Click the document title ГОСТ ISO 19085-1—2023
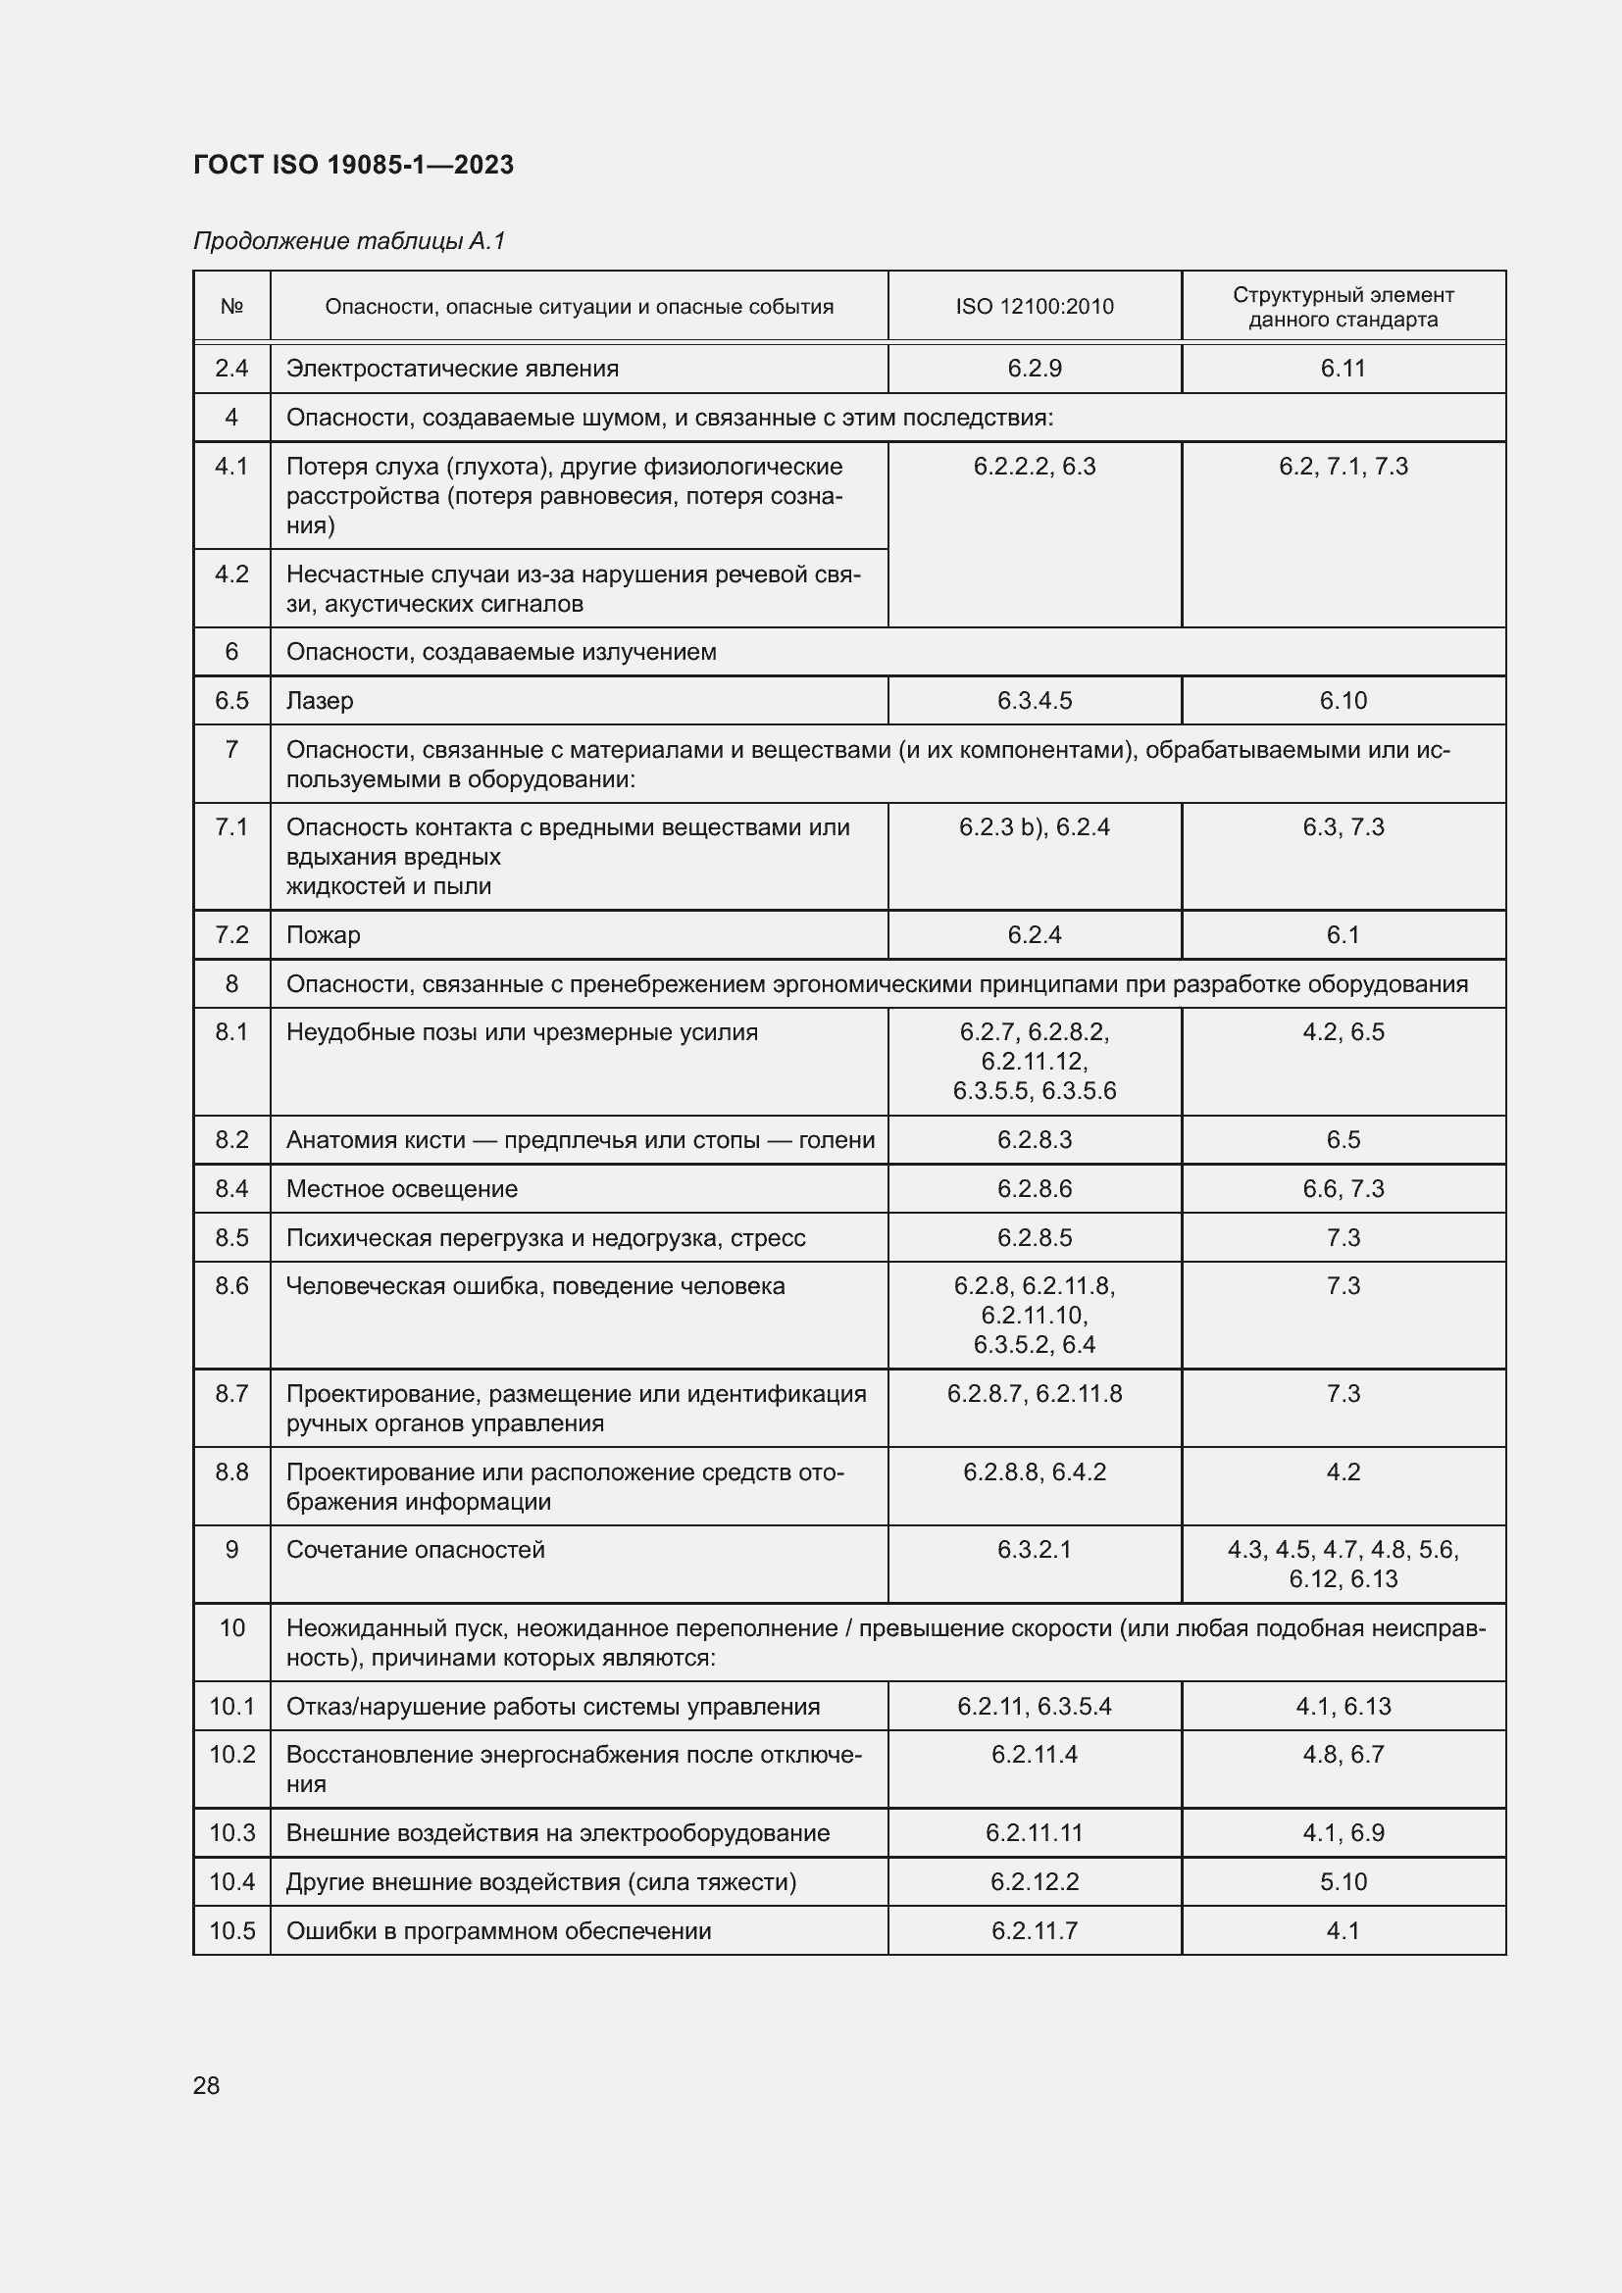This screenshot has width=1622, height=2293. pyautogui.click(x=353, y=165)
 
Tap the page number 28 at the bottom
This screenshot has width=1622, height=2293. pyautogui.click(x=206, y=2085)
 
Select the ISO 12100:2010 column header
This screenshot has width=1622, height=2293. pyautogui.click(x=1034, y=307)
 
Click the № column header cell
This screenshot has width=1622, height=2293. pyautogui.click(x=231, y=307)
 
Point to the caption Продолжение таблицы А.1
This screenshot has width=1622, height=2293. pyautogui.click(x=349, y=241)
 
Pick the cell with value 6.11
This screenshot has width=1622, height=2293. pyautogui.click(x=1343, y=369)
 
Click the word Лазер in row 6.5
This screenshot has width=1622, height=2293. pyautogui.click(x=320, y=701)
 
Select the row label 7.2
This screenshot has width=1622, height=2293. pyautogui.click(x=231, y=935)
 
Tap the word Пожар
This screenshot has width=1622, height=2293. pyautogui.click(x=323, y=936)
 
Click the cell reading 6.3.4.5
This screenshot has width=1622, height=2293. pyautogui.click(x=1034, y=701)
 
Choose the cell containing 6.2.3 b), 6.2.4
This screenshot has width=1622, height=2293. pyautogui.click(x=1034, y=827)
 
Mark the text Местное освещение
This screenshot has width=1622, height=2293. pyautogui.click(x=401, y=1189)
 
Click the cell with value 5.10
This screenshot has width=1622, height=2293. pyautogui.click(x=1343, y=1881)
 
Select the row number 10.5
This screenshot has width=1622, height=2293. pyautogui.click(x=231, y=1930)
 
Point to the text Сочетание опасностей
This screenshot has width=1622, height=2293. pyautogui.click(x=416, y=1550)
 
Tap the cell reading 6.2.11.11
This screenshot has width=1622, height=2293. pyautogui.click(x=1034, y=1832)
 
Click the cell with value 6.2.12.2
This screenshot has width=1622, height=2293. pyautogui.click(x=1034, y=1881)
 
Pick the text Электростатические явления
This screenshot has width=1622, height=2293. pyautogui.click(x=452, y=369)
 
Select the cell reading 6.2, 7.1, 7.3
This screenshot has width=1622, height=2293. pyautogui.click(x=1343, y=467)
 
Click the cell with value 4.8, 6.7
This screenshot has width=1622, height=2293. pyautogui.click(x=1343, y=1755)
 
